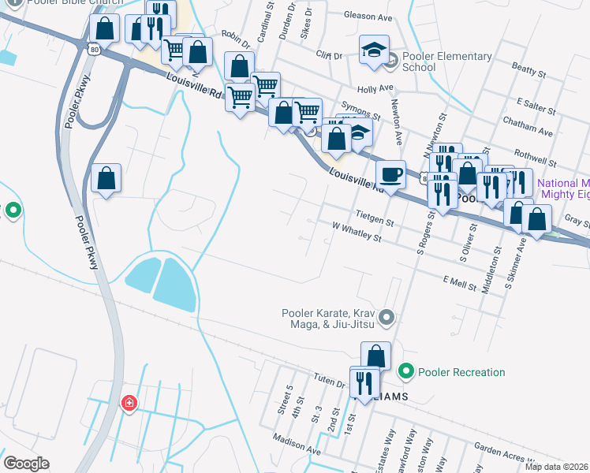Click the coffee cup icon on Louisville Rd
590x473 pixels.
click(391, 175)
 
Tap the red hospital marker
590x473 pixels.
click(129, 404)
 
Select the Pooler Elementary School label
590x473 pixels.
click(446, 61)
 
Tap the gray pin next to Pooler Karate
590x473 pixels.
click(386, 318)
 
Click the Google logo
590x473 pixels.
click(26, 464)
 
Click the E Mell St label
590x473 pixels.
click(460, 281)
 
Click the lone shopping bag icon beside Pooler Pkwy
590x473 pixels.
click(106, 179)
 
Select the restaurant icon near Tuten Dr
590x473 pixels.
click(364, 383)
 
